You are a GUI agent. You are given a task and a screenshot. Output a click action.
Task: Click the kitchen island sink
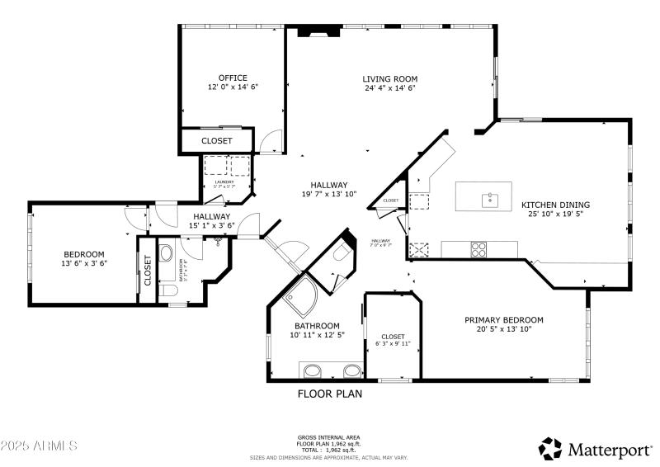[x=490, y=198]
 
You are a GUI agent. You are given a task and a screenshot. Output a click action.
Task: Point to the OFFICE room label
[x=233, y=78]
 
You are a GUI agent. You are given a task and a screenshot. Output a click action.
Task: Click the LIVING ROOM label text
[x=389, y=78]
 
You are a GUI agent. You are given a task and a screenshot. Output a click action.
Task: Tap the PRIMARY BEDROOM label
[x=503, y=320]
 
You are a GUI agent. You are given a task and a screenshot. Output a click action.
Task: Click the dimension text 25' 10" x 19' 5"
[x=555, y=214]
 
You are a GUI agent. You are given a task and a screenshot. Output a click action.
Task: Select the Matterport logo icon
[x=550, y=449]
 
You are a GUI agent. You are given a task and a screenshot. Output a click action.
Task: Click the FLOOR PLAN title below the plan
[x=329, y=394]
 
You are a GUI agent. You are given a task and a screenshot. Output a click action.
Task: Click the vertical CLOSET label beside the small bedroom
[x=148, y=270]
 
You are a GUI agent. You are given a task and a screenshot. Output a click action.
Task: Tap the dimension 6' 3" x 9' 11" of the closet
[x=393, y=343]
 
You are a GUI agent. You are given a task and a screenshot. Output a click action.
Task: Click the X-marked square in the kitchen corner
[x=419, y=248]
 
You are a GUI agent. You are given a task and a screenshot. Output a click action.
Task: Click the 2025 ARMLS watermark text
[x=39, y=446]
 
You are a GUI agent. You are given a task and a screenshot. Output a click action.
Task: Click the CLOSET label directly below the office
[x=217, y=141]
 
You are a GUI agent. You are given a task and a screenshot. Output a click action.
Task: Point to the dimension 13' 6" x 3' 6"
[x=84, y=263]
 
